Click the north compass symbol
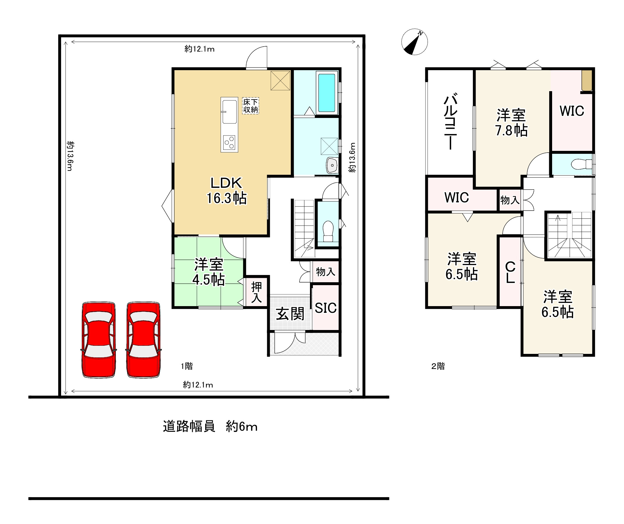tap(414, 42)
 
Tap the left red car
tap(99, 340)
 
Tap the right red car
tap(143, 340)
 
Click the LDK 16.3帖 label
tap(226, 190)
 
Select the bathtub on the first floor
tap(327, 93)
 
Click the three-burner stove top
tap(229, 143)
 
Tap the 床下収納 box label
tap(251, 106)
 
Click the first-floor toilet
tap(328, 230)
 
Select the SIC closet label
tap(326, 308)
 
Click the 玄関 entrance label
tap(290, 314)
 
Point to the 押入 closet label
tap(256, 292)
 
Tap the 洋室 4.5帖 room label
tap(209, 272)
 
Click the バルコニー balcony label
tap(451, 122)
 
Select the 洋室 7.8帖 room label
tap(511, 123)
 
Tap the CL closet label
tap(510, 272)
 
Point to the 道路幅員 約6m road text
tap(210, 427)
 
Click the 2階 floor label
tap(438, 366)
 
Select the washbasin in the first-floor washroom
tap(332, 165)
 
